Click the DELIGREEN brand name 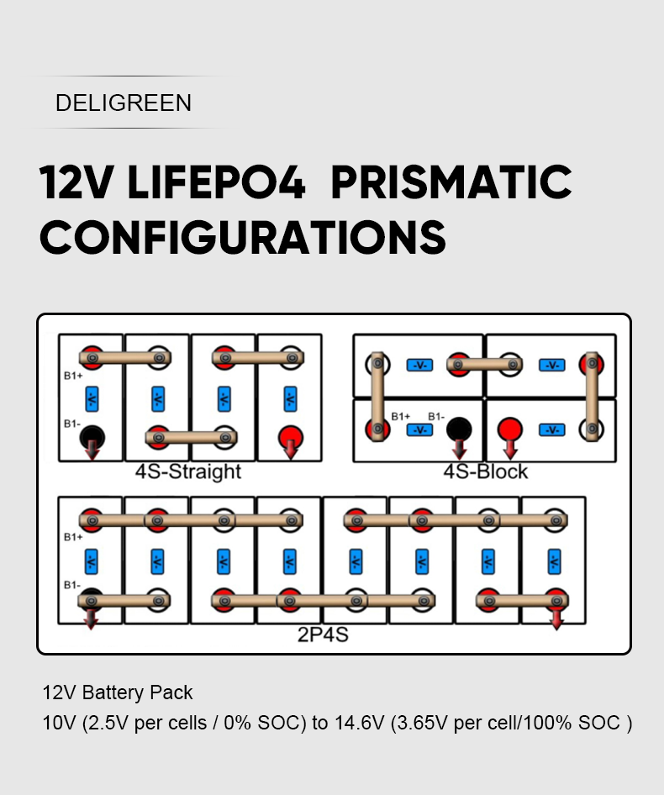click(x=124, y=103)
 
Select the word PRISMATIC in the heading click(x=451, y=182)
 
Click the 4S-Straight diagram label click(x=188, y=471)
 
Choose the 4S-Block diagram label click(x=486, y=471)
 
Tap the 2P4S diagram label click(x=323, y=634)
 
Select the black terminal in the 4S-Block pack click(x=459, y=429)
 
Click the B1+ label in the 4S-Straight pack click(x=73, y=376)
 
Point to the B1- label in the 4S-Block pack click(x=436, y=416)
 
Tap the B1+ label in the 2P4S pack click(x=73, y=537)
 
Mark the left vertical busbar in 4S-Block click(x=377, y=396)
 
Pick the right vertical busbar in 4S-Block click(x=593, y=396)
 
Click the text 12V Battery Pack click(x=118, y=693)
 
